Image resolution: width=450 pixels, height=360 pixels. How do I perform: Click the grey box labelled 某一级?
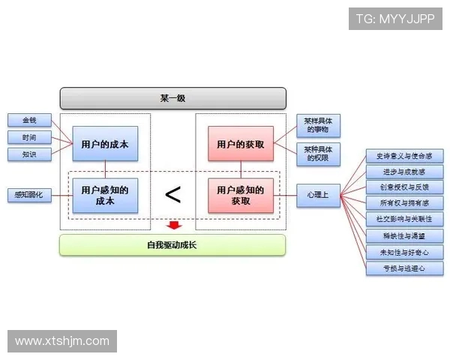pyautogui.click(x=172, y=98)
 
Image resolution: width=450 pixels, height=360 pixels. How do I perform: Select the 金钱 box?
pyautogui.click(x=29, y=120)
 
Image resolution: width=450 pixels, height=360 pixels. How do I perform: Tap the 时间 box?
pyautogui.click(x=29, y=137)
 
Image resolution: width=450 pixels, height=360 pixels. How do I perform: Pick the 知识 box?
pyautogui.click(x=29, y=154)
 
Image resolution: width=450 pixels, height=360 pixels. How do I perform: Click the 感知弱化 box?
pyautogui.click(x=29, y=195)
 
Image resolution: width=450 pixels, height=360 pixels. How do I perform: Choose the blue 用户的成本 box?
pyautogui.click(x=105, y=143)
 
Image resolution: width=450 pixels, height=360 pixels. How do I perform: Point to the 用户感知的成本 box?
pyautogui.click(x=105, y=196)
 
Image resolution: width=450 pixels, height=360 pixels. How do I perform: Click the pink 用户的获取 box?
pyautogui.click(x=240, y=143)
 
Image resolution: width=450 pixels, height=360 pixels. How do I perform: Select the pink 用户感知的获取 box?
pyautogui.click(x=240, y=196)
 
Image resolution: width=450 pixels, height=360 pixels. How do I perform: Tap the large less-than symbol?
pyautogui.click(x=172, y=196)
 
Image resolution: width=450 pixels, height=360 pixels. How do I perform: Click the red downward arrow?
pyautogui.click(x=173, y=225)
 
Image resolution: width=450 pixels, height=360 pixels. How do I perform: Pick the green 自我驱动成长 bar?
pyautogui.click(x=172, y=245)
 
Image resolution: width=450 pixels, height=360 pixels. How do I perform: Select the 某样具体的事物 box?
pyautogui.click(x=318, y=125)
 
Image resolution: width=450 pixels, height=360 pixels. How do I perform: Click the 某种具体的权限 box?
pyautogui.click(x=318, y=154)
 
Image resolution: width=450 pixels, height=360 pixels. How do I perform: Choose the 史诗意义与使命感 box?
pyautogui.click(x=404, y=156)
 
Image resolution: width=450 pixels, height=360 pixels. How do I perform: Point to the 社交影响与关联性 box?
pyautogui.click(x=404, y=219)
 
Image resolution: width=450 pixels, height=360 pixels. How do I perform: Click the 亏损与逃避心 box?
pyautogui.click(x=404, y=268)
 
